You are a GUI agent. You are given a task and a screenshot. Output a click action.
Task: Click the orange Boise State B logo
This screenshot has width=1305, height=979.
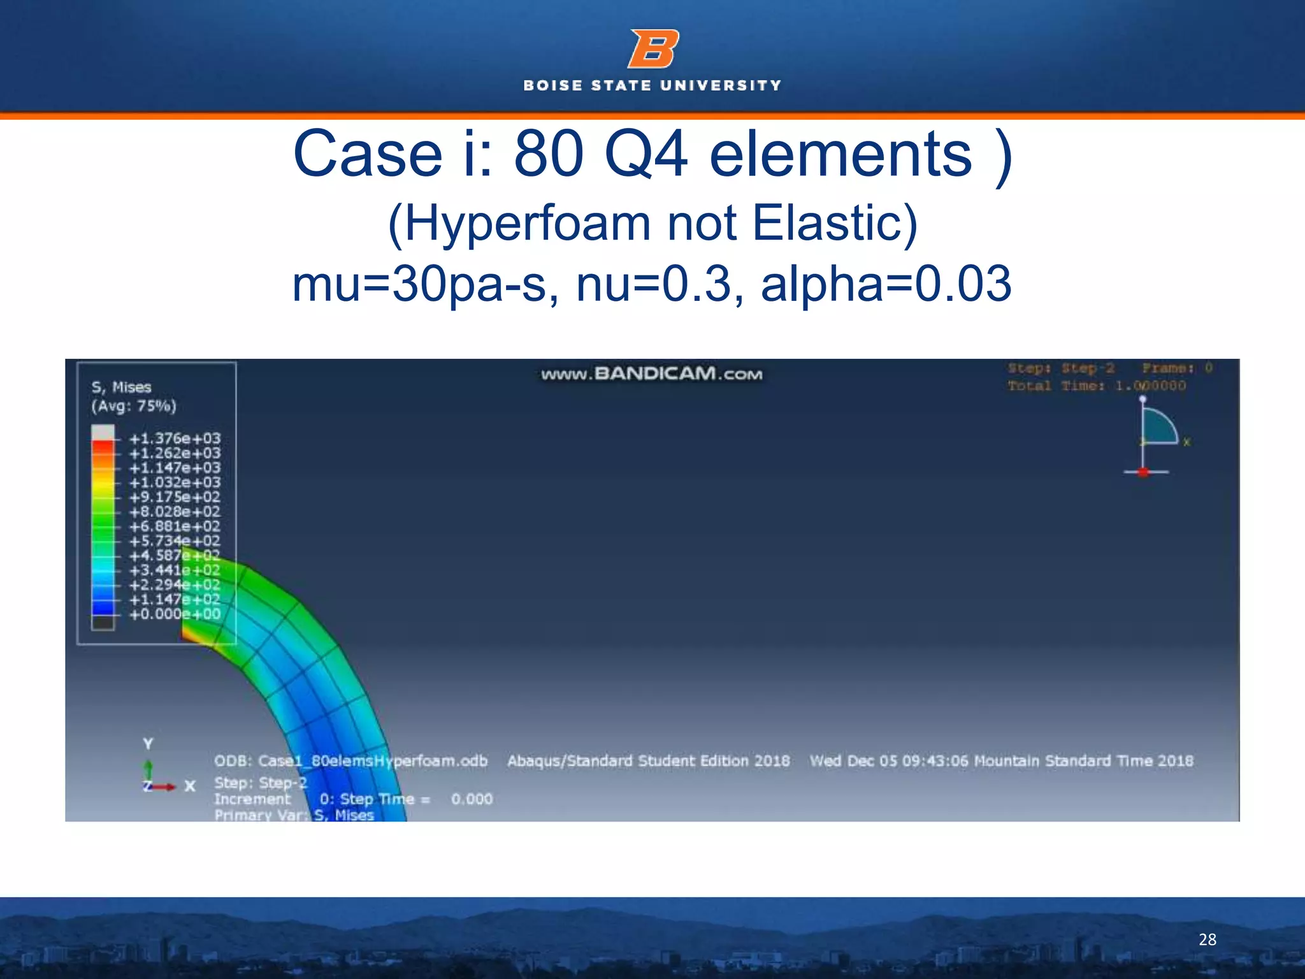pos(653,48)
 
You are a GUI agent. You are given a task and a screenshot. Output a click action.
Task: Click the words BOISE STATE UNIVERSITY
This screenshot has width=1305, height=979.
pos(652,85)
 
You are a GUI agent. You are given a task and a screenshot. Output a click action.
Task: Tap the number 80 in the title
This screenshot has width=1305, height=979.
pos(549,154)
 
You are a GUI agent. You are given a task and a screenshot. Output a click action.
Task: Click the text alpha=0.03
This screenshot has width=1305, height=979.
pos(886,284)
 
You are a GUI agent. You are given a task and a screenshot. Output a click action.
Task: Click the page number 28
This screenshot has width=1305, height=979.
pos(1207,939)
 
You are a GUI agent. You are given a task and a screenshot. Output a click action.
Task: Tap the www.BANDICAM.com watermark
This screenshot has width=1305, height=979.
pos(651,373)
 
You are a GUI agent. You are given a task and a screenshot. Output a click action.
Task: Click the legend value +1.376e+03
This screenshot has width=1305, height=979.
pos(175,439)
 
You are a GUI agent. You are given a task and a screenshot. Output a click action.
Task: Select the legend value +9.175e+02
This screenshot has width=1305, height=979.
pos(175,497)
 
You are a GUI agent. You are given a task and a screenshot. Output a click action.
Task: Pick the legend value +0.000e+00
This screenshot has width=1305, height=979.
pos(175,614)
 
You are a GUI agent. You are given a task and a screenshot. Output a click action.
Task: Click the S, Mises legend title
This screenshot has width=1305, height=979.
pos(121,387)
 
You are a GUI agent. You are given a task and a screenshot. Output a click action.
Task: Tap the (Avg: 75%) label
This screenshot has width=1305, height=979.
pos(133,406)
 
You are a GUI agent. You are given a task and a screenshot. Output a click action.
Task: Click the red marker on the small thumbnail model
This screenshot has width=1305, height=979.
pos(1143,472)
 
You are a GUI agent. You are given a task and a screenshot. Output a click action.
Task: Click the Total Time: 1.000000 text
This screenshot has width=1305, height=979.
pos(1097,386)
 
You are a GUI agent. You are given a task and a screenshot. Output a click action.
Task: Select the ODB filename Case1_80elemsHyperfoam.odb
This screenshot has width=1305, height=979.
pos(350,761)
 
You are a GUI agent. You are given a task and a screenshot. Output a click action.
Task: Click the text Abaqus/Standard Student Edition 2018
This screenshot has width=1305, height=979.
pos(648,761)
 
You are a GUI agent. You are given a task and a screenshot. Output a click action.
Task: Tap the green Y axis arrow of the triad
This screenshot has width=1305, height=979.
pos(148,769)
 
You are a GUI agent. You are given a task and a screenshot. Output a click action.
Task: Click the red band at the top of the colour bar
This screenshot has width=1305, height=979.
pos(103,447)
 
